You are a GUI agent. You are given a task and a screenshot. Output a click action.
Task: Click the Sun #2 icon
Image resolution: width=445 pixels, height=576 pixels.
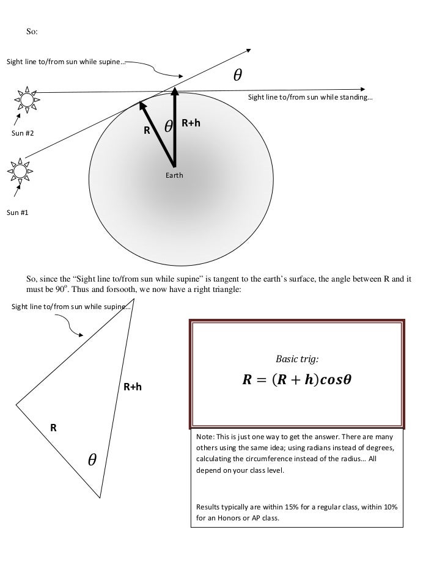pos(26,99)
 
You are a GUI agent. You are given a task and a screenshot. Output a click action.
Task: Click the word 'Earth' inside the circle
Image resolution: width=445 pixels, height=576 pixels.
pos(175,175)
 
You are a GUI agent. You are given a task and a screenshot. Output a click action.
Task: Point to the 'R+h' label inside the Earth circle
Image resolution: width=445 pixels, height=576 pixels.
pos(191,123)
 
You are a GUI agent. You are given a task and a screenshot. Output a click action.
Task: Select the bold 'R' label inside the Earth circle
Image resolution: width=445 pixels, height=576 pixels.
pos(147,130)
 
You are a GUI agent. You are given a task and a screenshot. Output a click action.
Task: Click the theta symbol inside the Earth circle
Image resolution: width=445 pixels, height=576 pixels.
pos(169,126)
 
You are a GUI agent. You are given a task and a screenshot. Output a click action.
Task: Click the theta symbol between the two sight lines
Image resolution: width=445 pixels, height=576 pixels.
pos(237,76)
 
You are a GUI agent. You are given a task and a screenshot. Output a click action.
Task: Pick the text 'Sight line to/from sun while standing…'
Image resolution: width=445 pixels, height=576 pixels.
pos(310,98)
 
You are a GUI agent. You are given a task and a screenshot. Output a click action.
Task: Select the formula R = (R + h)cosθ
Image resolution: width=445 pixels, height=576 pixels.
pos(297,380)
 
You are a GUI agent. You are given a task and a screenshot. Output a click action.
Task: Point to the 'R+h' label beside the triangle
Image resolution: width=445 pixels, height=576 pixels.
pos(133,387)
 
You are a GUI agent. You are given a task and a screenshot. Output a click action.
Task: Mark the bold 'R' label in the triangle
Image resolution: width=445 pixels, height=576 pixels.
pos(53,428)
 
